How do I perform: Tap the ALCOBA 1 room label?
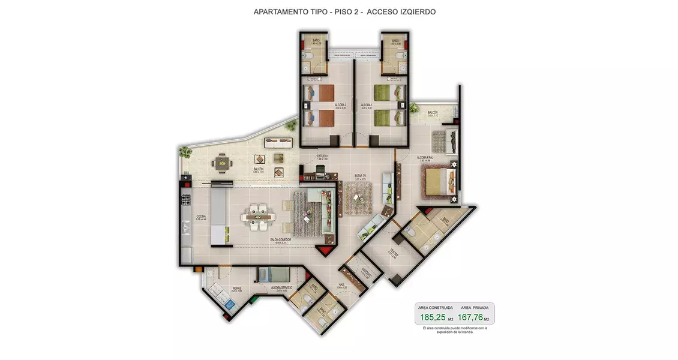point(367,105)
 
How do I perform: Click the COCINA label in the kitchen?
point(200,217)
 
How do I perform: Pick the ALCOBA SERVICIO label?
point(281,288)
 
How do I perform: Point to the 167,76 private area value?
point(470,317)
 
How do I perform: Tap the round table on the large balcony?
point(223,163)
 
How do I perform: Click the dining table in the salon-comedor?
point(259,217)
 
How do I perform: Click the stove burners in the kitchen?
point(185,197)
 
